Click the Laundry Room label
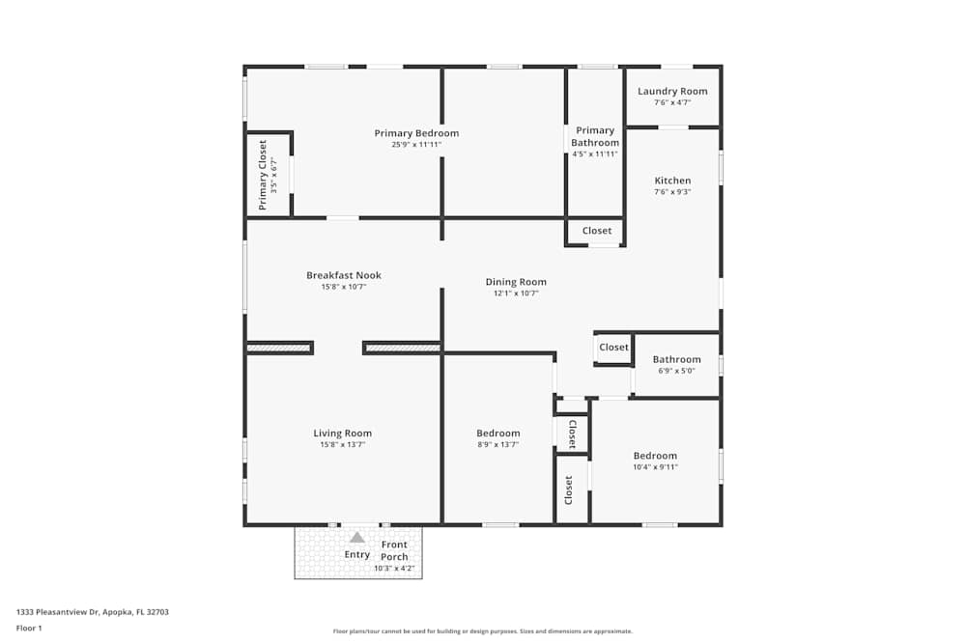click(672, 92)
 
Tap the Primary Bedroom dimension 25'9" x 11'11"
click(416, 145)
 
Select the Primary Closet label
click(263, 176)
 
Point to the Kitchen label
click(672, 181)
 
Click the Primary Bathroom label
click(595, 136)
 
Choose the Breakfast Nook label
click(344, 275)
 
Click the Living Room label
click(342, 434)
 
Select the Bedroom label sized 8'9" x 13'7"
click(497, 434)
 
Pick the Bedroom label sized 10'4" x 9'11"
click(655, 456)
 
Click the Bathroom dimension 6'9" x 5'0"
click(676, 371)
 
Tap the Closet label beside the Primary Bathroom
click(596, 231)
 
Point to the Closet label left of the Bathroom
click(613, 348)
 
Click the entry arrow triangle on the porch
click(357, 538)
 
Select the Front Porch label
click(394, 550)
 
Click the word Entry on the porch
click(357, 555)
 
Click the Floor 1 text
click(29, 628)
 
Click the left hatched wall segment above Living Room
click(279, 348)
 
